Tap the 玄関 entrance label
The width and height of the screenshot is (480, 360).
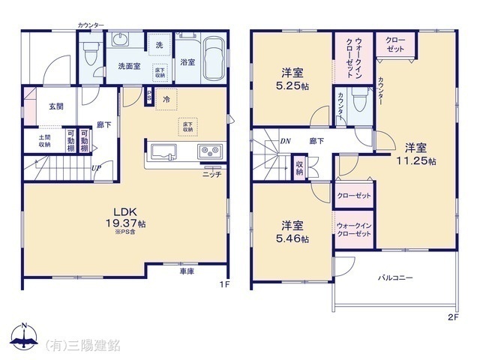point(56,106)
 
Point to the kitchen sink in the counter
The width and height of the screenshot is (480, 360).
point(164,152)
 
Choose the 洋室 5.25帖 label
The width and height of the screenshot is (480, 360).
point(292,78)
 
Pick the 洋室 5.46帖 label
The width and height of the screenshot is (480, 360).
point(292,231)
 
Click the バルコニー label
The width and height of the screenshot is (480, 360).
point(394,278)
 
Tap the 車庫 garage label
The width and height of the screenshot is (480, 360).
point(187,271)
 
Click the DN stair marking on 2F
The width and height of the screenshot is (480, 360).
point(285,140)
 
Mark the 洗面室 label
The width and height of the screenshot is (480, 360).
point(127,66)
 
